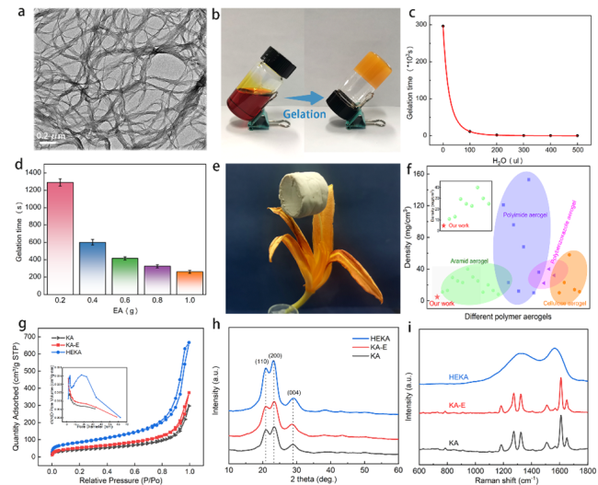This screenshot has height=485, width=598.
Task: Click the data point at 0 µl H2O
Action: click(x=443, y=26)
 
